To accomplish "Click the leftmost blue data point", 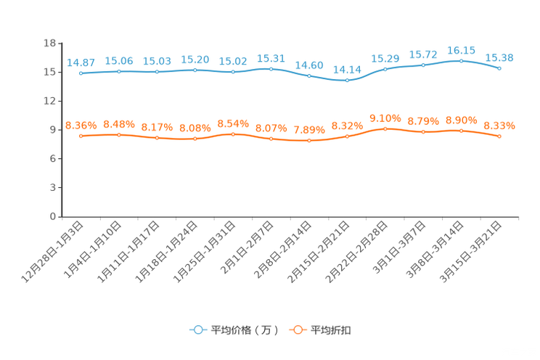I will (81, 73).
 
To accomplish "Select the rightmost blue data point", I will (499, 68).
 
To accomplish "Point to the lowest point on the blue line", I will (347, 80).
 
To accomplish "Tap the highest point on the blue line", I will (462, 60).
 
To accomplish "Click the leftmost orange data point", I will (81, 136).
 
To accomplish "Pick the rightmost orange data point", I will (499, 136).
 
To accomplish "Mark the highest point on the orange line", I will (385, 128).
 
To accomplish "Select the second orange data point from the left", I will (119, 135).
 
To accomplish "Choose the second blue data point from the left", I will (119, 71).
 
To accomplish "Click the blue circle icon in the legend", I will (197, 330).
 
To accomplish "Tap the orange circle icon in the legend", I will (297, 330).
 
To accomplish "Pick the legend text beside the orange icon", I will (331, 330).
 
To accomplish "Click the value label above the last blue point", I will (499, 58).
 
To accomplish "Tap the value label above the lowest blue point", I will (347, 70).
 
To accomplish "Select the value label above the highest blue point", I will (462, 50).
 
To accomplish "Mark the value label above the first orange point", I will (81, 126).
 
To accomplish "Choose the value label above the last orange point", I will (499, 126).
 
